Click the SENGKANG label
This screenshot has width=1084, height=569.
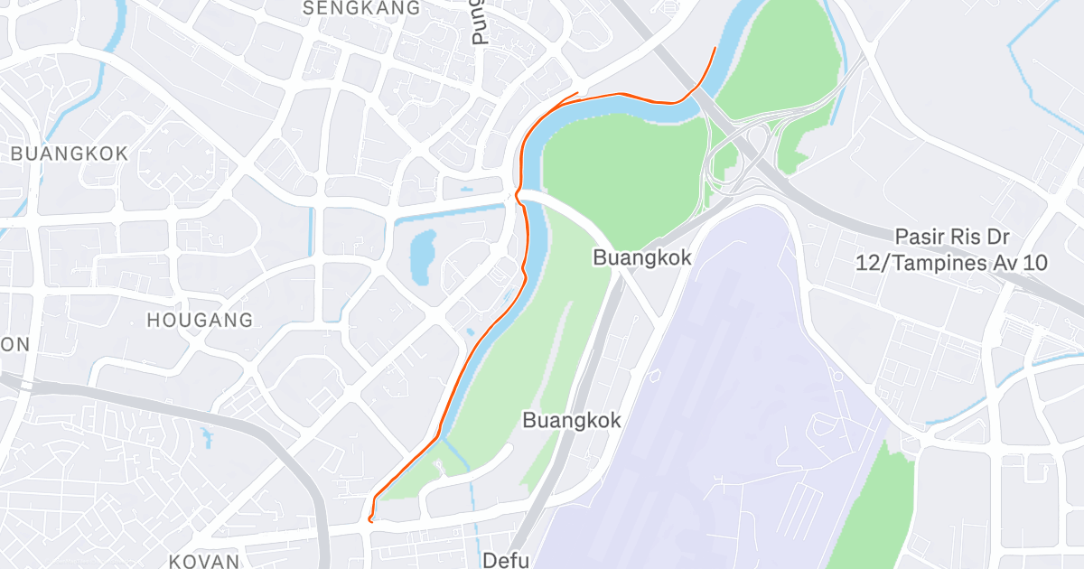[362, 8]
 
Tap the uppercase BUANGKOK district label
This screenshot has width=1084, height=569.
[70, 154]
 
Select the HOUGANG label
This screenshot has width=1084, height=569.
[200, 320]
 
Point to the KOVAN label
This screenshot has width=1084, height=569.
[205, 561]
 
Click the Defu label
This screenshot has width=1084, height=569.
[505, 560]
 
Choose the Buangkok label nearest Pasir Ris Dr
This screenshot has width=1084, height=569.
[641, 257]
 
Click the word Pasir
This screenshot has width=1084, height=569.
[919, 237]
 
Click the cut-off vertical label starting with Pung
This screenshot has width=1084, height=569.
[478, 22]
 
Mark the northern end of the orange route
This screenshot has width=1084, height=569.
[715, 48]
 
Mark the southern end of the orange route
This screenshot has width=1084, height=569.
[370, 520]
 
